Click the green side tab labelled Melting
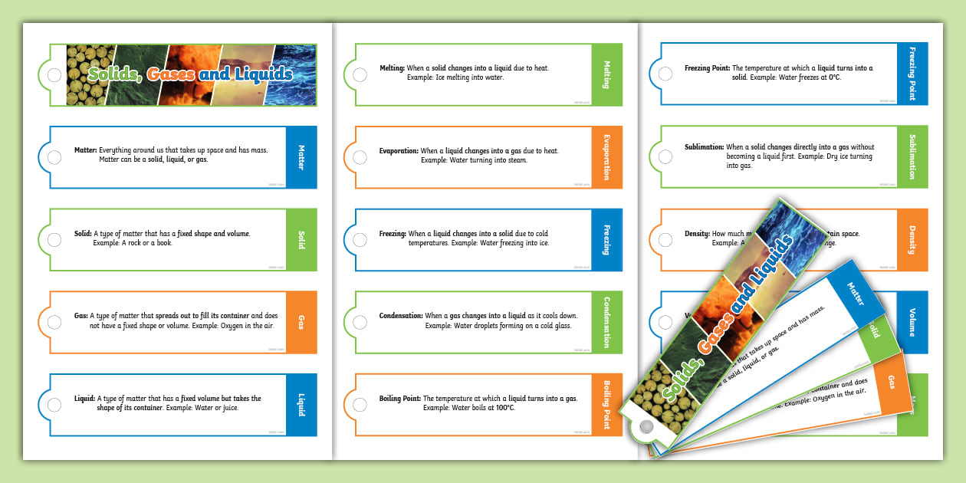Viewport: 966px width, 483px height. tap(606, 74)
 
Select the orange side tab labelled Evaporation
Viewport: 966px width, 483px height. tap(606, 157)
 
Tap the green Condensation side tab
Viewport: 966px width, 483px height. tap(606, 321)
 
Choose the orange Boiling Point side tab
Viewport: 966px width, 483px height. tap(606, 404)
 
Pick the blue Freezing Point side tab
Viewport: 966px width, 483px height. tap(912, 74)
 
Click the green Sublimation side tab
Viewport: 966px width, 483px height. tap(912, 157)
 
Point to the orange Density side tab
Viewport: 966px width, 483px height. tap(912, 239)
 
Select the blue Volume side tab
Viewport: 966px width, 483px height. tap(912, 321)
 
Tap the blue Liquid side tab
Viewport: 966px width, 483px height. tap(301, 404)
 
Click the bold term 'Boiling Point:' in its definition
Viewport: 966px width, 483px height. tap(400, 399)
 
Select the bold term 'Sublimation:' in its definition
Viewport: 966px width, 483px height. tap(704, 147)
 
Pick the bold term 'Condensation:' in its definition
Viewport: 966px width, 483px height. tap(401, 316)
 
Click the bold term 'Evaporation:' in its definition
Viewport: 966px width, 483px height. tap(399, 151)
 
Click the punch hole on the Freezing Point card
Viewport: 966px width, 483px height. tap(665, 75)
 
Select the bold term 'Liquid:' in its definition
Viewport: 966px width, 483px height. tap(84, 399)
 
